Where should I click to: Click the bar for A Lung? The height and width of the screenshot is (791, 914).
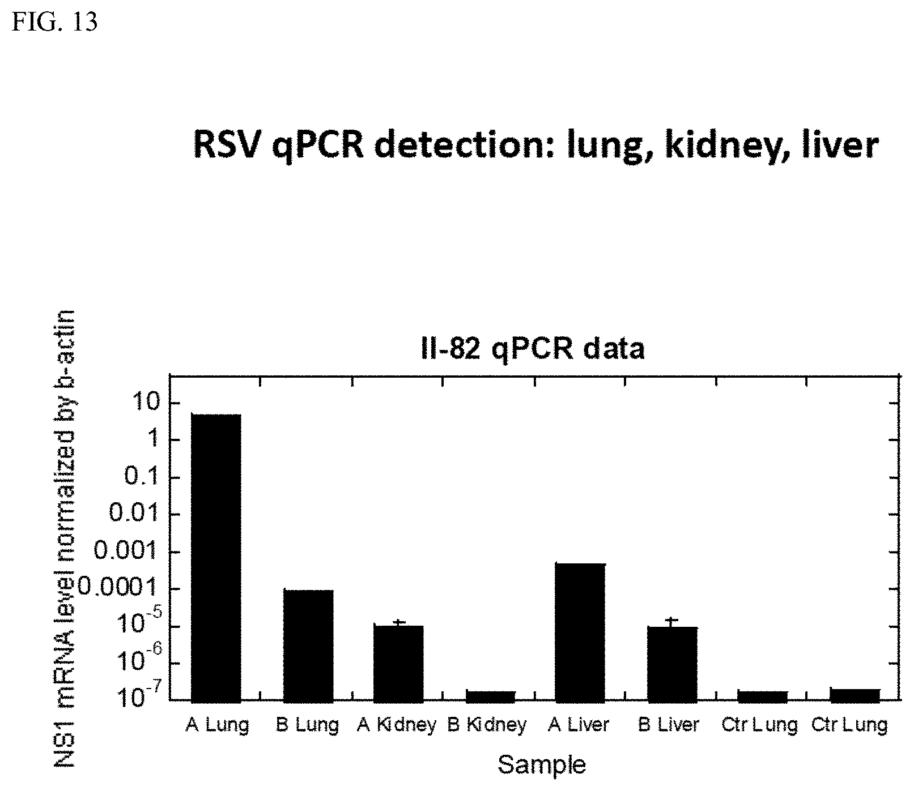[x=216, y=558]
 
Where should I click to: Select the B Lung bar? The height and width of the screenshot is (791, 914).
[x=308, y=646]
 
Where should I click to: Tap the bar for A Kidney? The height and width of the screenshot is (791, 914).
[x=398, y=664]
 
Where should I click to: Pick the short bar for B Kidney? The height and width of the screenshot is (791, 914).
[x=491, y=696]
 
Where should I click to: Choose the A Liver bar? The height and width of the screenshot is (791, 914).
[x=581, y=632]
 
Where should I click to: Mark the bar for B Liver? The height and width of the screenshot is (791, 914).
[x=673, y=664]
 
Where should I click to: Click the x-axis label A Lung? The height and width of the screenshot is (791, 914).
[x=217, y=725]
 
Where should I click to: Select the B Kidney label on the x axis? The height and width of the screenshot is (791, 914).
[x=487, y=725]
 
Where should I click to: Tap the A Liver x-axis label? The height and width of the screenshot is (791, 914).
[x=579, y=725]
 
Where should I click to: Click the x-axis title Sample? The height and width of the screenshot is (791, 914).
[x=542, y=765]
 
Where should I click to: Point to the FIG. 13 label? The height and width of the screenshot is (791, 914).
[x=56, y=22]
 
